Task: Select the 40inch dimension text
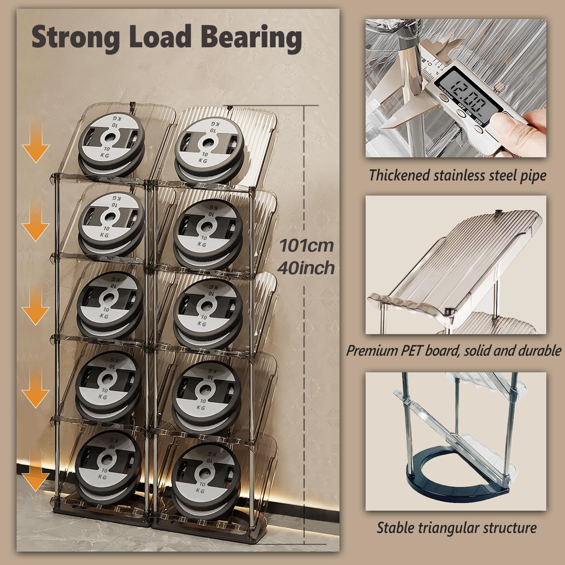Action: pyautogui.click(x=306, y=268)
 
